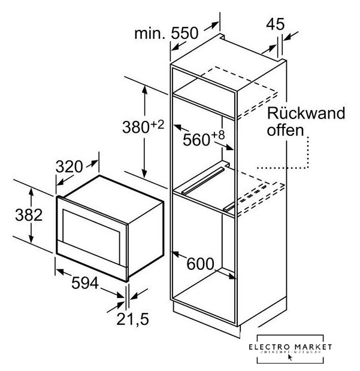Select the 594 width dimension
coord(84,285)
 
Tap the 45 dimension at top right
coord(276,26)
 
